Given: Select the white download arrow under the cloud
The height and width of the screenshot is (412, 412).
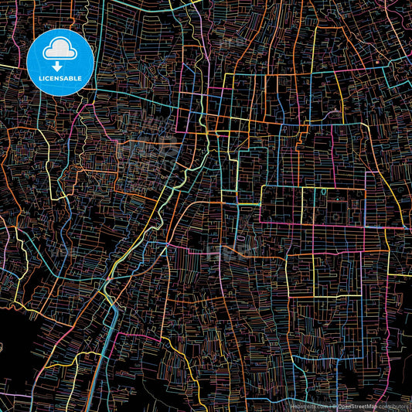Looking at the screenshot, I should pos(60,65).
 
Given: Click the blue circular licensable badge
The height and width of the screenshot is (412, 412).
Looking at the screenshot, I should pos(60,62).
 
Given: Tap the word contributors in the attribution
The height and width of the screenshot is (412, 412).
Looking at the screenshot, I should pos(393,406).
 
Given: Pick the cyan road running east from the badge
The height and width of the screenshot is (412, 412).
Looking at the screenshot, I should pos(131,97).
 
